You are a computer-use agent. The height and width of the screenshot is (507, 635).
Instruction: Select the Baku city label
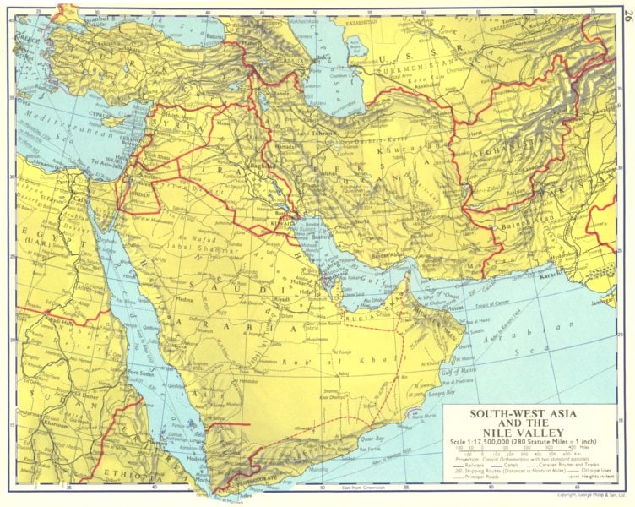[322, 58]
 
